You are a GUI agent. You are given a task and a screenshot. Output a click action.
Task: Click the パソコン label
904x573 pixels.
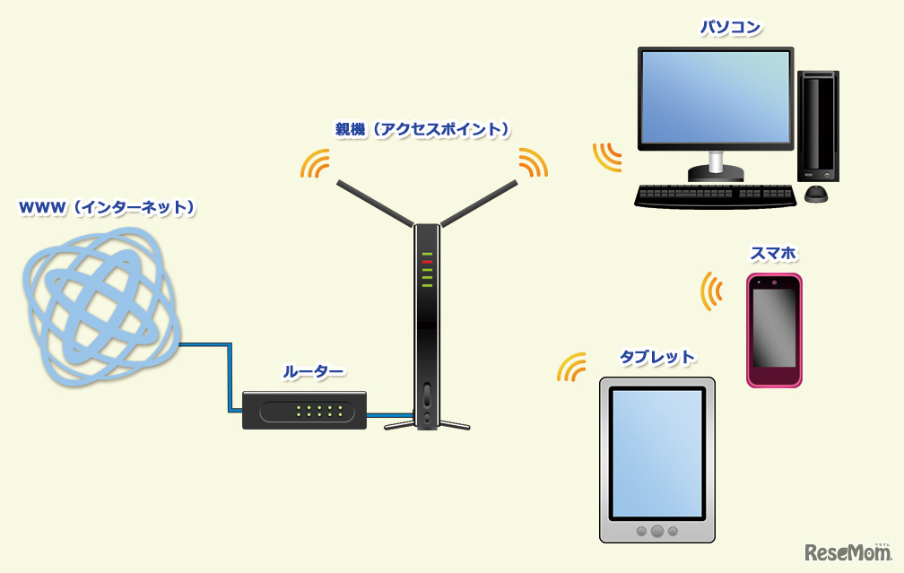(x=730, y=28)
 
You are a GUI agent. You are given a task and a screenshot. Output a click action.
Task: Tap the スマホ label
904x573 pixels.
(x=774, y=255)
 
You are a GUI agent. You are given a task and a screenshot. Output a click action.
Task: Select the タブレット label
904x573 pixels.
(x=657, y=357)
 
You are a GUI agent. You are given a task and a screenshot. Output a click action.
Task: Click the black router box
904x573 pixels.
(x=305, y=410)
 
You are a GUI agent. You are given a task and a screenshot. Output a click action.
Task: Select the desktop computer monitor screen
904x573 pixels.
(x=716, y=98)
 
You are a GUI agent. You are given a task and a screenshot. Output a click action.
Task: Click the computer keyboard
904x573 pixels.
(x=715, y=195)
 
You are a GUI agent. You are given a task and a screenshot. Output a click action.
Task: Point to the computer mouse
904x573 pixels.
(x=815, y=194)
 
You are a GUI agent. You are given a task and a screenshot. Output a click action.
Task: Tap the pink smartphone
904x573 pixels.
(x=774, y=329)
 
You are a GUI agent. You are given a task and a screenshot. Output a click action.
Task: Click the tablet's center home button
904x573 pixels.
(x=657, y=530)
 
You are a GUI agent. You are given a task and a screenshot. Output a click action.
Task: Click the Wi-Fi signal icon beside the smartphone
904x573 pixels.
(x=712, y=291)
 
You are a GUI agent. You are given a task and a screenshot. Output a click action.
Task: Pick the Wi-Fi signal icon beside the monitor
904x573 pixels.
(x=607, y=155)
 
